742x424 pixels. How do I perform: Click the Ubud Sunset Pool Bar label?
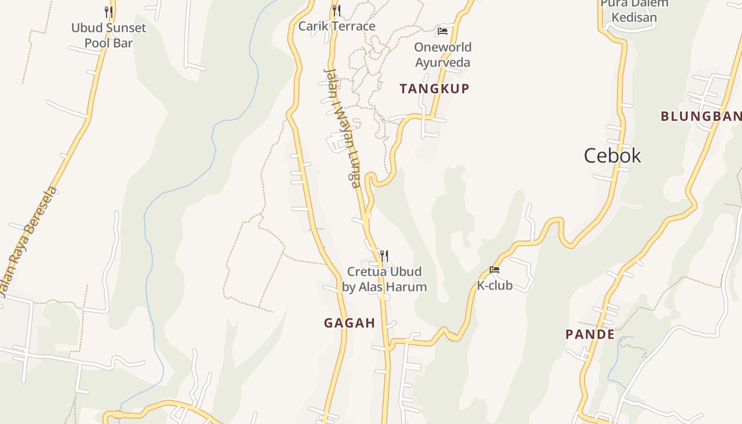[109, 35]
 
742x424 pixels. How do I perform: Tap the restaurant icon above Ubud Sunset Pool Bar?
[109, 11]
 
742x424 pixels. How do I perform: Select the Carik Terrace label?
[337, 26]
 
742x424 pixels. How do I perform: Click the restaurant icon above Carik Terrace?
[337, 10]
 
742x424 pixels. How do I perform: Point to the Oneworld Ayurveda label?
[443, 55]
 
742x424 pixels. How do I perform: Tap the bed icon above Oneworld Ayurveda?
[443, 31]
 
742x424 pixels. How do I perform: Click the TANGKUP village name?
[435, 89]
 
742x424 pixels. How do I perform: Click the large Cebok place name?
[613, 155]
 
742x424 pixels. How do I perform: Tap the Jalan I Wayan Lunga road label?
[342, 128]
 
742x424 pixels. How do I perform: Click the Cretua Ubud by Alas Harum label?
[384, 279]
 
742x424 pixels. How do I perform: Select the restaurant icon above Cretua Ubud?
[384, 256]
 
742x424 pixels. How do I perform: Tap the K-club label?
[494, 286]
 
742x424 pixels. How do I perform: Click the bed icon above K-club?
[494, 270]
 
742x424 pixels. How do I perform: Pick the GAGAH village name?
[349, 323]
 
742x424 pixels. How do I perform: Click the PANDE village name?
[590, 334]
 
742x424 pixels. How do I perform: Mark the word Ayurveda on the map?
[443, 63]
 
